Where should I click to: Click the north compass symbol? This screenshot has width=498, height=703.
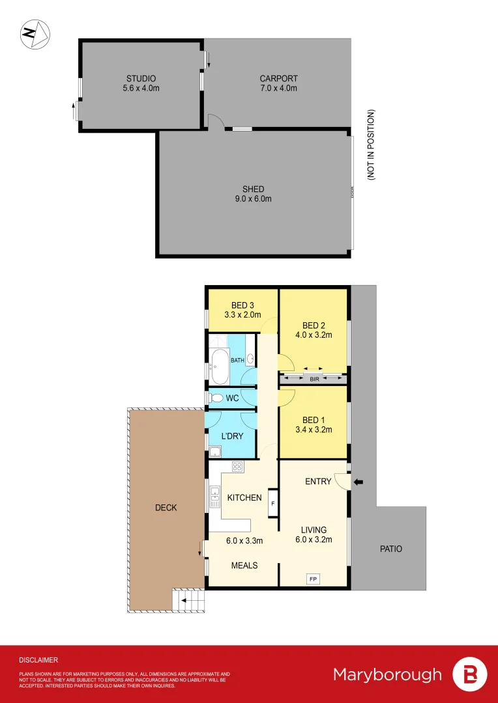pos(35,34)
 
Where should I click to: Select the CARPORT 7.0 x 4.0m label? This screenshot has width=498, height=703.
pos(278,83)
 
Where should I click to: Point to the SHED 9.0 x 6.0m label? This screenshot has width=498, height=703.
pos(253,194)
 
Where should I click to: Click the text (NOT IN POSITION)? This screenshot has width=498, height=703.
pos(370,145)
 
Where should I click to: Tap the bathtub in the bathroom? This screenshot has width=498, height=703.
pos(218,366)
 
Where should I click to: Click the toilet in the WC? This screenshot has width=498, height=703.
pos(216,398)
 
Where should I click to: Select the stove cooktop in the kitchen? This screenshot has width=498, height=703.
pos(238,466)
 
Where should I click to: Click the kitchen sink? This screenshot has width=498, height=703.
pos(214,497)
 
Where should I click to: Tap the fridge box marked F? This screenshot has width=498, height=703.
pos(273,503)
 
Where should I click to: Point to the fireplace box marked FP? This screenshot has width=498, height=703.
pos(313,578)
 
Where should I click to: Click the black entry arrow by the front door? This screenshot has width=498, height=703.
pos(358,482)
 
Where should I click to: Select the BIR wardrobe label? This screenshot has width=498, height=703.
pos(314,378)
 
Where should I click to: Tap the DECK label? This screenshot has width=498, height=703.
pos(166,508)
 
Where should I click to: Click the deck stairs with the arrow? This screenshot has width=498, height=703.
pos(188,600)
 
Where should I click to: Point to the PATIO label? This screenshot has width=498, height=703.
pos(391,549)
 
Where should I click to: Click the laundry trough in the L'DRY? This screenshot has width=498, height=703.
pos(215,451)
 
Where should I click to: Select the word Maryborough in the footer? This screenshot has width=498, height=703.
pos(387,674)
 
